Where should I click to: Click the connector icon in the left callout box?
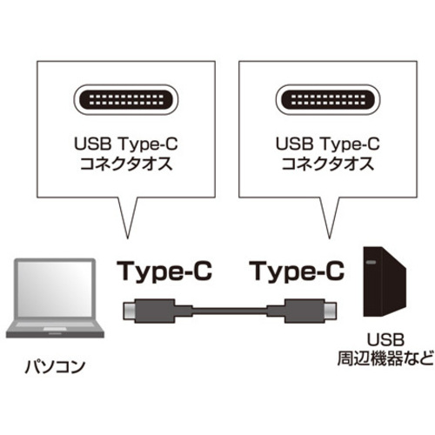click(x=126, y=100)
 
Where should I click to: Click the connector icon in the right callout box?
click(x=328, y=100)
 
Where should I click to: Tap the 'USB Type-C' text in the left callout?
click(x=126, y=144)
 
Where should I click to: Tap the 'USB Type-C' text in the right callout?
click(x=328, y=144)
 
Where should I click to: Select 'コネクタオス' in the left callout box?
click(x=126, y=164)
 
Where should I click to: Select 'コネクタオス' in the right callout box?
click(x=328, y=164)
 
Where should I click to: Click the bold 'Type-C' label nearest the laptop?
click(x=164, y=271)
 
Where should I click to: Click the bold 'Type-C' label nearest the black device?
click(x=298, y=271)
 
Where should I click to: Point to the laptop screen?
click(x=54, y=289)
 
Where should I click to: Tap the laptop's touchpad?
click(x=55, y=330)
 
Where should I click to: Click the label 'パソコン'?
click(x=55, y=366)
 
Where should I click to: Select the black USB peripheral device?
click(x=385, y=282)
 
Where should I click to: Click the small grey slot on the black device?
click(x=371, y=263)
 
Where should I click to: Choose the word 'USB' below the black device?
click(x=385, y=339)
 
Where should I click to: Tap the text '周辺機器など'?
click(x=385, y=358)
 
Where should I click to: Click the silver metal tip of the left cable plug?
click(x=130, y=311)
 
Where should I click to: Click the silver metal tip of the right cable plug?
click(x=330, y=311)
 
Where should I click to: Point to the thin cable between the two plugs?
click(x=230, y=311)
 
